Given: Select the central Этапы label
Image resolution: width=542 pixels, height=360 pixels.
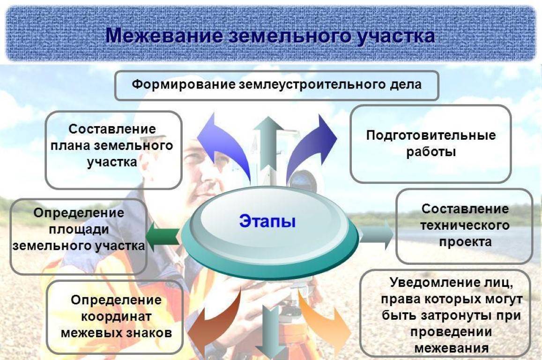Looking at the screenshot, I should pyautogui.click(x=267, y=221).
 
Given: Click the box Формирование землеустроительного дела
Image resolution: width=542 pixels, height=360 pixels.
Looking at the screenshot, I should pyautogui.click(x=276, y=85).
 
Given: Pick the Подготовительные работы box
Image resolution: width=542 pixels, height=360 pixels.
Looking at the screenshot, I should pyautogui.click(x=430, y=143).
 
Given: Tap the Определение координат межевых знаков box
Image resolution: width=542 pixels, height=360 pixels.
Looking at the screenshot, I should pyautogui.click(x=115, y=316).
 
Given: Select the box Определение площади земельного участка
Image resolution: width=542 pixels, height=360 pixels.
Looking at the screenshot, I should pyautogui.click(x=78, y=236).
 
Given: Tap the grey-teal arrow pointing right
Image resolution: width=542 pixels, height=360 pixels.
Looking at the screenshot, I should pyautogui.click(x=376, y=233).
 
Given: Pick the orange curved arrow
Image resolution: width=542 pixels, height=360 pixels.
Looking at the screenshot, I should pyautogui.click(x=323, y=323).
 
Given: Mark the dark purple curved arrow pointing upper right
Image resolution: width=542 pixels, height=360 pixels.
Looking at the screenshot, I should pyautogui.click(x=309, y=145).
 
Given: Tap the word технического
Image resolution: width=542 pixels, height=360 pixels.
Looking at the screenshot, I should pyautogui.click(x=464, y=226).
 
